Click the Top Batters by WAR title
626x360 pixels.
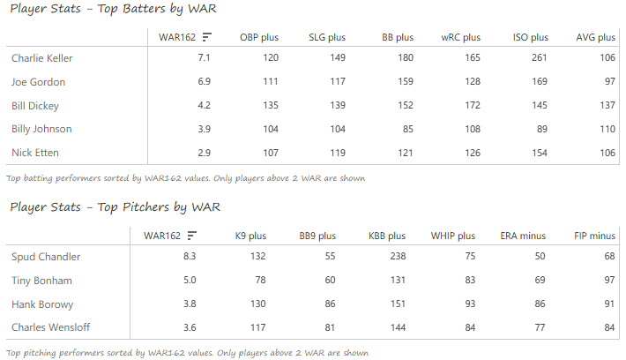pyautogui.click(x=114, y=9)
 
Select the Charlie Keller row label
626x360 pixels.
pyautogui.click(x=41, y=58)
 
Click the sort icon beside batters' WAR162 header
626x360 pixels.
pyautogui.click(x=206, y=37)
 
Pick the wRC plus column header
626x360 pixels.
pyautogui.click(x=460, y=37)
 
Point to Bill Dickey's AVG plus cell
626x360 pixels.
pyautogui.click(x=604, y=105)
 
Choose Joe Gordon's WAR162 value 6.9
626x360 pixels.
pyautogui.click(x=201, y=82)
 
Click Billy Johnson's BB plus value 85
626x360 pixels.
pyautogui.click(x=405, y=129)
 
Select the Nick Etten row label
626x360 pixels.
pyautogui.click(x=36, y=153)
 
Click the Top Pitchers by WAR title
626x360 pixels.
pyautogui.click(x=116, y=207)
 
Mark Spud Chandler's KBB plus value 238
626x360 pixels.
pyautogui.click(x=394, y=257)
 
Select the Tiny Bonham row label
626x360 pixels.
pyautogui.click(x=41, y=281)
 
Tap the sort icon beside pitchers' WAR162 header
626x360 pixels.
pyautogui.click(x=191, y=236)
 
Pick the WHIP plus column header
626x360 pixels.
pyautogui.click(x=453, y=236)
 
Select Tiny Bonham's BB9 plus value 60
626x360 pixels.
pyautogui.click(x=328, y=281)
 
